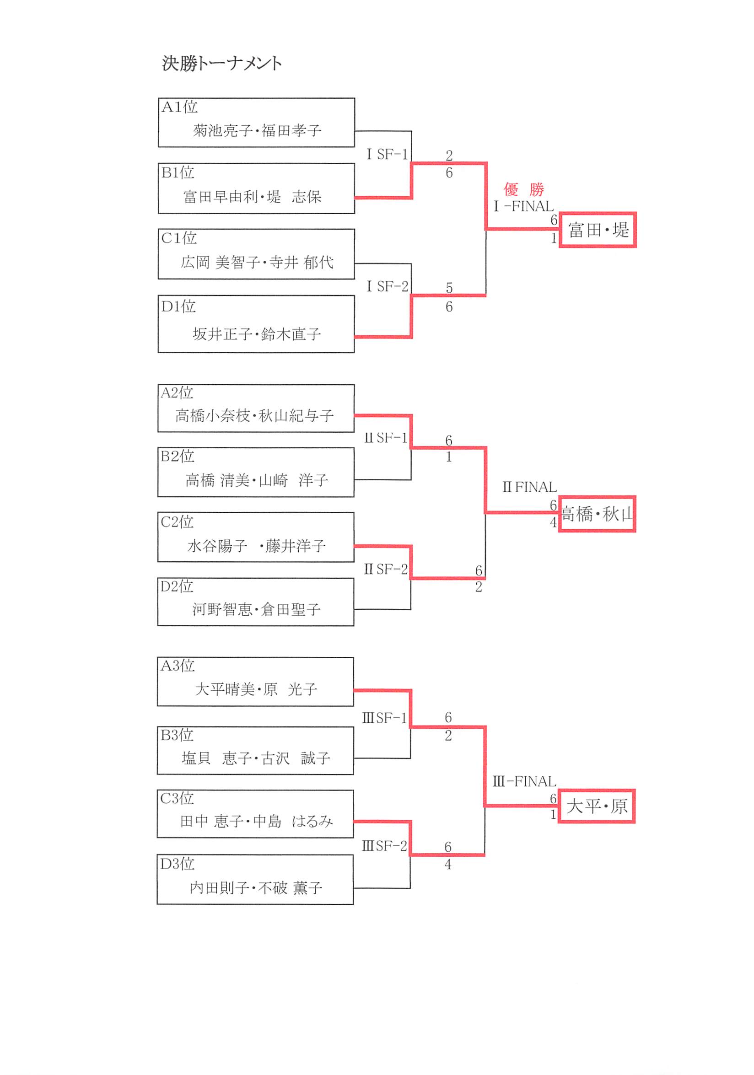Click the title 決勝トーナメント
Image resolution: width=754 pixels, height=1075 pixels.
[x=221, y=63]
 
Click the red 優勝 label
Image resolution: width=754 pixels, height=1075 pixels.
[x=523, y=189]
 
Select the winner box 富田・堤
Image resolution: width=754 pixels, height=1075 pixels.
[x=598, y=230]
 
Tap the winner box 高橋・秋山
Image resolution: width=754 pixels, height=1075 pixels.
[x=597, y=514]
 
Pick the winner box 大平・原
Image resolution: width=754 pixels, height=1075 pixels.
[x=596, y=806]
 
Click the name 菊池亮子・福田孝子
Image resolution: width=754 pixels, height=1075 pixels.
[x=257, y=130]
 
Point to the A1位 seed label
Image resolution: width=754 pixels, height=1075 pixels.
[x=179, y=107]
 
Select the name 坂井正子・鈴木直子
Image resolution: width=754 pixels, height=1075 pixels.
[x=257, y=334]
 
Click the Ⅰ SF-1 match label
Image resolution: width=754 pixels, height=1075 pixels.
[x=387, y=154]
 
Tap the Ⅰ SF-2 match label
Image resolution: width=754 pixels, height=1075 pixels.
[x=387, y=286]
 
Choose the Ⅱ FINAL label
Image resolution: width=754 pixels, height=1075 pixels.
[x=529, y=487]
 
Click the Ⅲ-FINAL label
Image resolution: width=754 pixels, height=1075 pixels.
[x=524, y=781]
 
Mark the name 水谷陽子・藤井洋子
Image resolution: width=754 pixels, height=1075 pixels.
[x=256, y=545]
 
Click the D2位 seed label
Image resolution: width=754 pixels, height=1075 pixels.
[x=177, y=586]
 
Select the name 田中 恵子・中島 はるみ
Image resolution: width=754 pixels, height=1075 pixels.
[x=256, y=821]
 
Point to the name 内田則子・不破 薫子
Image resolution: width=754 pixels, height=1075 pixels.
[x=256, y=887]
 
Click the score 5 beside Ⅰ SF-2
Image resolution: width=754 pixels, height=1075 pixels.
[x=449, y=288]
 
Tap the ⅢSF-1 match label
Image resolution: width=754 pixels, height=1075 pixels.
[x=384, y=718]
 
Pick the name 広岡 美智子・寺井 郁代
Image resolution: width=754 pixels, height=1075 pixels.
[x=257, y=262]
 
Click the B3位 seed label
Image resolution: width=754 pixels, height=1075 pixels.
[x=177, y=735]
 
